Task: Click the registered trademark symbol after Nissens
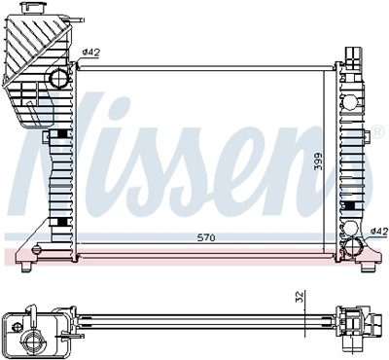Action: (378, 129)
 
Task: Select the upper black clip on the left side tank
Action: (64, 133)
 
